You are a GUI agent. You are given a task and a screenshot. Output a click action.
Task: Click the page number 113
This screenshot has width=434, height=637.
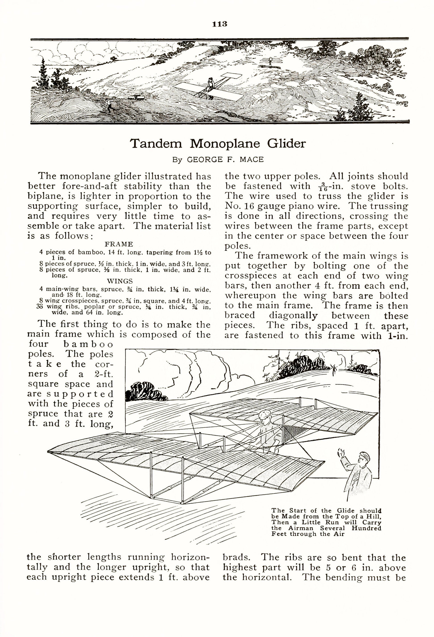pyautogui.click(x=220, y=24)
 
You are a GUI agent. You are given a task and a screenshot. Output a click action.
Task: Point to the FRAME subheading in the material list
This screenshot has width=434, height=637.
pyautogui.click(x=119, y=244)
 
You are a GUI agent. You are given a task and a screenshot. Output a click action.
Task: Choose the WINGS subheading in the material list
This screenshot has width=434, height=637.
pyautogui.click(x=120, y=281)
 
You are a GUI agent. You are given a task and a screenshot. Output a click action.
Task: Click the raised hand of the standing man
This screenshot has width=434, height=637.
pyautogui.click(x=340, y=452)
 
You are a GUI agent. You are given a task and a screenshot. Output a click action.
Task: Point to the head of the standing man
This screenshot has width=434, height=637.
pyautogui.click(x=364, y=457)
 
